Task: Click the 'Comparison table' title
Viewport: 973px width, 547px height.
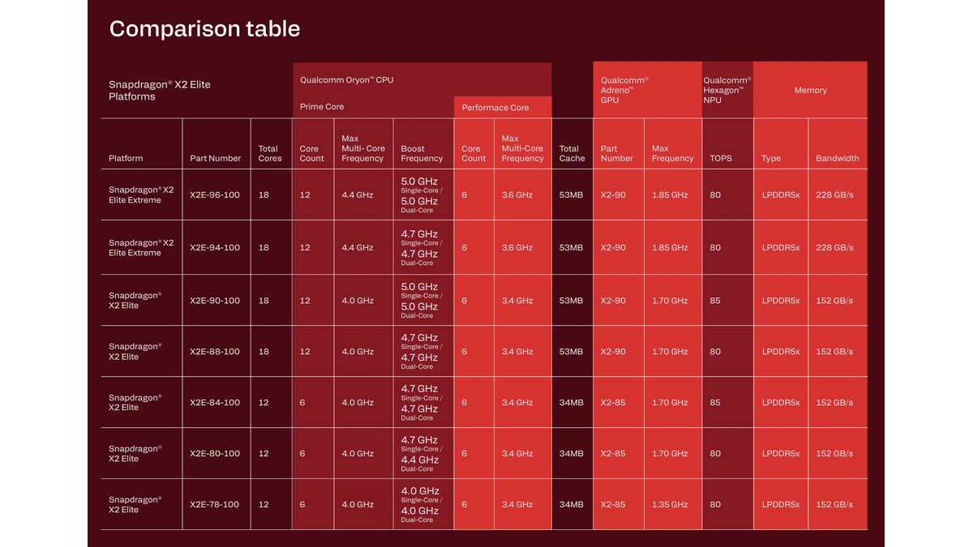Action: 204,29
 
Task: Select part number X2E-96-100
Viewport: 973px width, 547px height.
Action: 215,195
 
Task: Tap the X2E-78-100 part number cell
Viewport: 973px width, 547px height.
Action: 215,505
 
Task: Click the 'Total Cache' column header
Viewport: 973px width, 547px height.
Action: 572,153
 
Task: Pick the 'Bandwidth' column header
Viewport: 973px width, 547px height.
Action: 838,158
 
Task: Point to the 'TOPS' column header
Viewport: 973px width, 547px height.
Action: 721,158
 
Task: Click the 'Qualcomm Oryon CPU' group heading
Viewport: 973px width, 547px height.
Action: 346,80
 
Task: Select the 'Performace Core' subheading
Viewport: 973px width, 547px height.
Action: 495,108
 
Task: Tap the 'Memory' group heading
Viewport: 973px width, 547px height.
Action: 810,91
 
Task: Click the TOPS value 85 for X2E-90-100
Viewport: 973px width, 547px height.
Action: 715,301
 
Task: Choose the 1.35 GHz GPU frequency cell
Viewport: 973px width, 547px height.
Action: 670,505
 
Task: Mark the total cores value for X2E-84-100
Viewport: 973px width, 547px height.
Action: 264,403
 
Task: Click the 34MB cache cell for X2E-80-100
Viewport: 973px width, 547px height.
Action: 572,454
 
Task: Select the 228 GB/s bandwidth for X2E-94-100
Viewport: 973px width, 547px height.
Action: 834,248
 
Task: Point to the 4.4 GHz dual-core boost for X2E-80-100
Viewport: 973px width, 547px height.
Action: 419,460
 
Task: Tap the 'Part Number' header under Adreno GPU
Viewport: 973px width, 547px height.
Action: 616,153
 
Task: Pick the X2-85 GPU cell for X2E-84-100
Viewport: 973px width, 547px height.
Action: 613,403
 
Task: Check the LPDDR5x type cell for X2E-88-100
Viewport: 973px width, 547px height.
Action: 780,352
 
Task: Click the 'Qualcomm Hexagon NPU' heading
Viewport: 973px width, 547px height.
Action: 727,91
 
